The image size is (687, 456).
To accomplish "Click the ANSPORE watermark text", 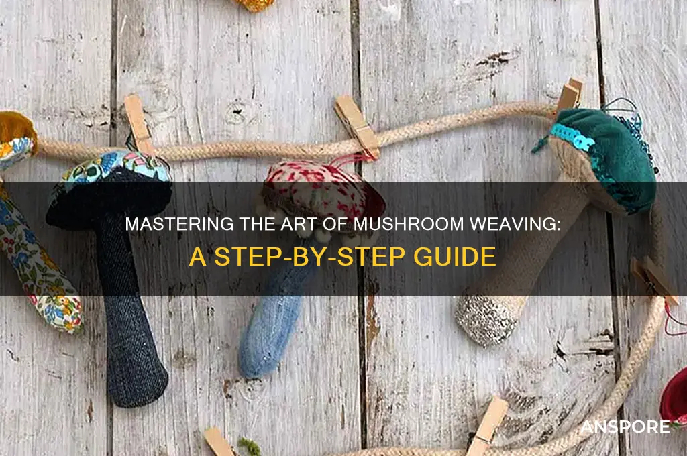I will tap(625, 427).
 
